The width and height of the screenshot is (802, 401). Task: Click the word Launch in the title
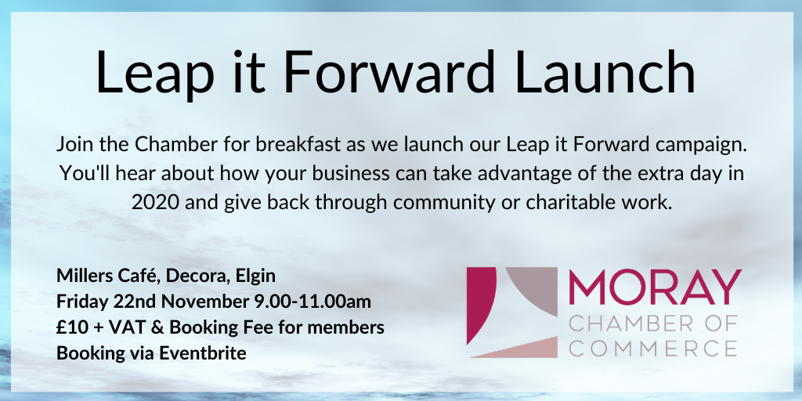(605, 72)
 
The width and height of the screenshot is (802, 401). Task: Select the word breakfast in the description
(298, 145)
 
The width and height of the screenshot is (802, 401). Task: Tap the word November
(206, 302)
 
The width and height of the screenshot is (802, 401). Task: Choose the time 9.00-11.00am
(312, 302)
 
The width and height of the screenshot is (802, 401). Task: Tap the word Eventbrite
(204, 353)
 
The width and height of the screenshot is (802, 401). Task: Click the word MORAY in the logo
(655, 287)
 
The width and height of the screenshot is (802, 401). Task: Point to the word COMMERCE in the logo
(652, 348)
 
